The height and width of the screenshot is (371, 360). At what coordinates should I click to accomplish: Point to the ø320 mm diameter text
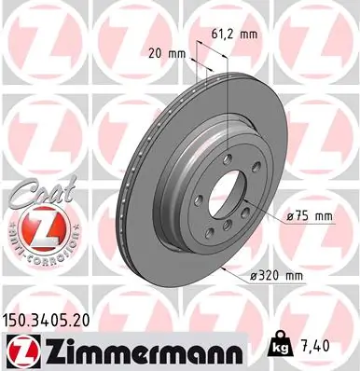[278, 276]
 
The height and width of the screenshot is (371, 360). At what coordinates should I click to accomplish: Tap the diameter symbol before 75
[286, 217]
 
